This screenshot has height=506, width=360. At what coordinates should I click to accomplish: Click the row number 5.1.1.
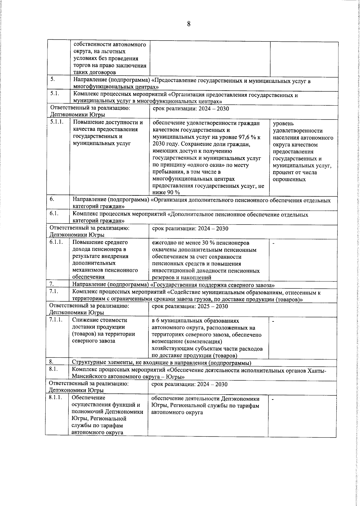56,122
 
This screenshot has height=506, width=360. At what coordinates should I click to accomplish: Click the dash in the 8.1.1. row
273,399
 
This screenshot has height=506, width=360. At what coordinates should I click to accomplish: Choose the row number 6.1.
54,214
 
